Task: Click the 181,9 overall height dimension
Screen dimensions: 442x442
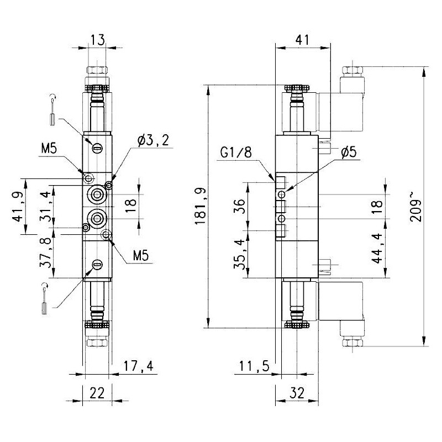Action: [199, 206]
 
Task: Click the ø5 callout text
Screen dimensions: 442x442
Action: [349, 153]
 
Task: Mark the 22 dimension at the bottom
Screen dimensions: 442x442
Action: [97, 393]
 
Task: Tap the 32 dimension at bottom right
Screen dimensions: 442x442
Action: [297, 393]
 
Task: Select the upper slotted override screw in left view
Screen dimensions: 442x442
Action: [97, 148]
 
